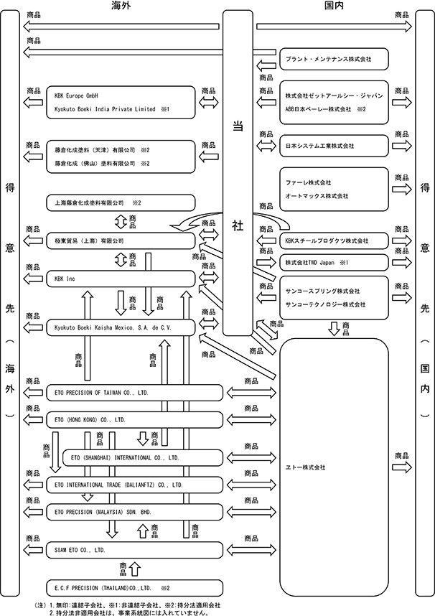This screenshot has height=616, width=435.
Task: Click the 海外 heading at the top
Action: (121, 5)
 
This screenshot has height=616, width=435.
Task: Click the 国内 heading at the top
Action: (334, 5)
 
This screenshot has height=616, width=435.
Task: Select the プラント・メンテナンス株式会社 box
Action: (334, 59)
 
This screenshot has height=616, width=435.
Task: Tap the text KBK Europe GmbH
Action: (76, 96)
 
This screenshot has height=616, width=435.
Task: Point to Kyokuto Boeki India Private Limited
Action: (105, 109)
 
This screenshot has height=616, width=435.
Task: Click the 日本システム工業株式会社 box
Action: (334, 146)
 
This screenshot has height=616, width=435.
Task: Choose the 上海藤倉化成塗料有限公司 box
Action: (121, 203)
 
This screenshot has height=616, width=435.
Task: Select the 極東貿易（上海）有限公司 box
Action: (121, 241)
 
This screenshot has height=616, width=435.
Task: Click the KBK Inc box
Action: (121, 279)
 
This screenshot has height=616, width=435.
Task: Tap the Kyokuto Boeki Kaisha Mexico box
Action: (121, 327)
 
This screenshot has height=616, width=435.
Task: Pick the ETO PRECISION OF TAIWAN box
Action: (134, 393)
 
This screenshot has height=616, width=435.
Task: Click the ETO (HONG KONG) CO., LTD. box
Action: (134, 420)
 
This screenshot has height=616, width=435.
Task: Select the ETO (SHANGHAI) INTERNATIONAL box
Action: (143, 457)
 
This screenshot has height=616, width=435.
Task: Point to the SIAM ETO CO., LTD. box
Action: (134, 550)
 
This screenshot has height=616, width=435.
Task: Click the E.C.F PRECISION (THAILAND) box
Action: (134, 588)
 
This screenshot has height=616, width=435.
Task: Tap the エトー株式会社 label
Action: (305, 467)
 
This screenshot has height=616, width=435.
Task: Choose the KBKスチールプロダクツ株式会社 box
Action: (334, 241)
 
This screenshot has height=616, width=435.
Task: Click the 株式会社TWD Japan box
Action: (334, 263)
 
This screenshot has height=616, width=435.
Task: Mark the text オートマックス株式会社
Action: (317, 196)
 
